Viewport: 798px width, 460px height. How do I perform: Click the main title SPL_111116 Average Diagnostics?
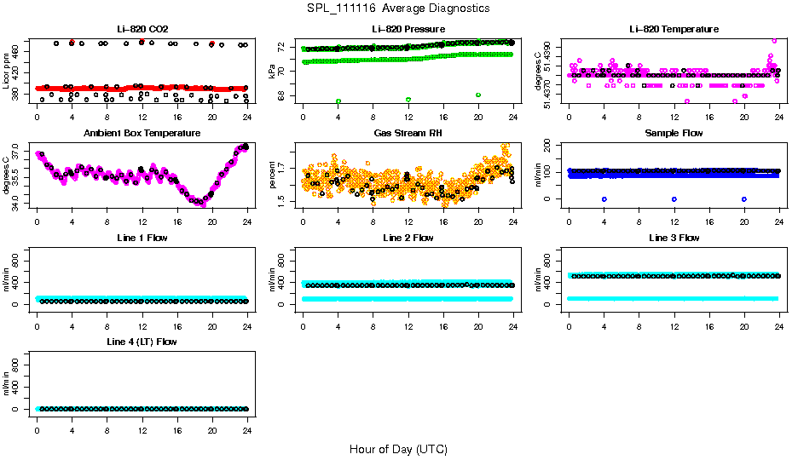399,8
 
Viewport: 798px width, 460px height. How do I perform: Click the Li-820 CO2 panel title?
140,29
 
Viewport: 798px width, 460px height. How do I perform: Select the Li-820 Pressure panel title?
408,29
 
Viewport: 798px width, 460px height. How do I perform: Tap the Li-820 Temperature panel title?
674,29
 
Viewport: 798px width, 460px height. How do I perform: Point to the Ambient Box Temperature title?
140,134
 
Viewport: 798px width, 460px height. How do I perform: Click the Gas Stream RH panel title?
408,134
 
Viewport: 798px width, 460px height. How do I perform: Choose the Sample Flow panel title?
674,134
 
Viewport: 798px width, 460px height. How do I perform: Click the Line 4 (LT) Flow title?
140,342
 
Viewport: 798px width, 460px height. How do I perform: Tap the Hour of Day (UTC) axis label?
398,449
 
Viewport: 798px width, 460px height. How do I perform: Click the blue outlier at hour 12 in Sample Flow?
674,198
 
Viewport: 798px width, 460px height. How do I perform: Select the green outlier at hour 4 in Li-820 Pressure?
338,101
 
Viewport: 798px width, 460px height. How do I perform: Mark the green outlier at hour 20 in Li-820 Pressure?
478,95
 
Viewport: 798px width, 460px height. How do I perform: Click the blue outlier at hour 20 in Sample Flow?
744,198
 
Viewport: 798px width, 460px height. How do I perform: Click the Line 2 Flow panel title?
408,238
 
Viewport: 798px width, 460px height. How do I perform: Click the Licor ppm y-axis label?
8,72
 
